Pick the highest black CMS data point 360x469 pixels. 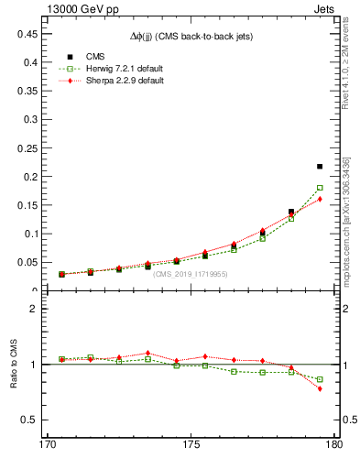(320, 167)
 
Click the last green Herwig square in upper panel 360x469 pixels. (320, 188)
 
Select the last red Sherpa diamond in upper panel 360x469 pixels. (320, 199)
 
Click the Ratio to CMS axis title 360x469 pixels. (15, 365)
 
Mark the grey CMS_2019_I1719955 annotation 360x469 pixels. (191, 274)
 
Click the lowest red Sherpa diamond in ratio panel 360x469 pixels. (320, 388)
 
